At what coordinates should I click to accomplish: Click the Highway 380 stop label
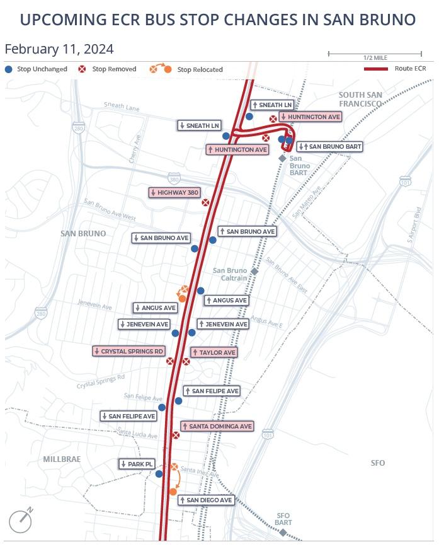point(174,192)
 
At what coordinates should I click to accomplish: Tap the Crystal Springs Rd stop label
point(128,351)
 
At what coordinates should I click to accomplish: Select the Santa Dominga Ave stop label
point(217,427)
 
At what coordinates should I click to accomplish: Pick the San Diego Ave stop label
point(206,500)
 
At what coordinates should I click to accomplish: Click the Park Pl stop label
point(137,464)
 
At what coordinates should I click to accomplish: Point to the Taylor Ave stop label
point(214,352)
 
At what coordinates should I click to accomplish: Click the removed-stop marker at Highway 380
point(205,202)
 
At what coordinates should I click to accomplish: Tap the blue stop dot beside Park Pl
point(159,474)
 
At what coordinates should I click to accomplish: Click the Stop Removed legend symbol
point(81,69)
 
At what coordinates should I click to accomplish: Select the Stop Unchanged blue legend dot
point(9,69)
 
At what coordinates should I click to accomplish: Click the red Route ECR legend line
point(375,68)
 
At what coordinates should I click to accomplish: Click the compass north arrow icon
point(21,521)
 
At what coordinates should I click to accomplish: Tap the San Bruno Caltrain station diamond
point(254,271)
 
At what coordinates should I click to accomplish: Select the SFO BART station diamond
point(283,533)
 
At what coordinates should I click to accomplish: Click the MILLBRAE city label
point(62,459)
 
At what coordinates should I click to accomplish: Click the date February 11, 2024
point(59,49)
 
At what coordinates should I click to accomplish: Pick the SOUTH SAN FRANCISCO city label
point(360,99)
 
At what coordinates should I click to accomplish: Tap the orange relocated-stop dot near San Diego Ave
point(173,492)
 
